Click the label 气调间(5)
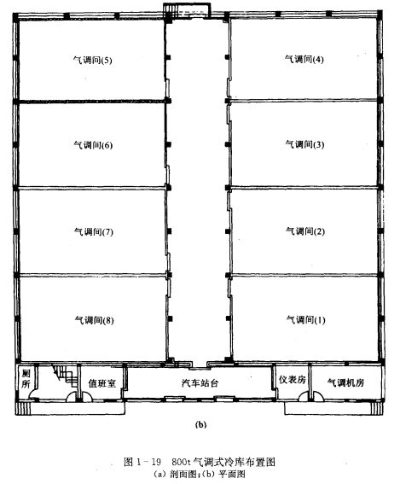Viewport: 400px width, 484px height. [92, 60]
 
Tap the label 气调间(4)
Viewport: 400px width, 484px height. [304, 59]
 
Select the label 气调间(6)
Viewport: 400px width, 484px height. [93, 145]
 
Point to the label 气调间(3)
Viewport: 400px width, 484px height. [304, 144]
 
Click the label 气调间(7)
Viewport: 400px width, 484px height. [94, 231]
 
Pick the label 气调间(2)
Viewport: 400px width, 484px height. [305, 230]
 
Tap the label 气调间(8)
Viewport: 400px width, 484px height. [95, 320]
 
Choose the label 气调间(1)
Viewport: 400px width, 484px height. [306, 319]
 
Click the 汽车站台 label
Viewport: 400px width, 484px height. [200, 383]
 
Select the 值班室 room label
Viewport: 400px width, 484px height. [102, 383]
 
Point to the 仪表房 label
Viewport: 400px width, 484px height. [293, 379]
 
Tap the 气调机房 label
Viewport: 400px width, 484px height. [345, 382]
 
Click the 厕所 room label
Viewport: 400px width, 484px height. [26, 379]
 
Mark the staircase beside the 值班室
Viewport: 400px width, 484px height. [65, 375]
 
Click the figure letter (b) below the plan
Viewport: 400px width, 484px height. [200, 425]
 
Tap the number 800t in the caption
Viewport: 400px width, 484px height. [180, 462]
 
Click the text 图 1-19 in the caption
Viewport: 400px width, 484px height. [142, 462]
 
